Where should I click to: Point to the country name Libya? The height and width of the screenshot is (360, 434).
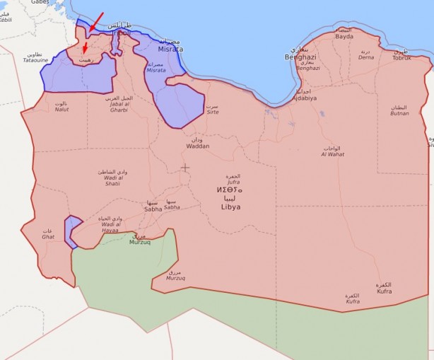[x=230, y=207]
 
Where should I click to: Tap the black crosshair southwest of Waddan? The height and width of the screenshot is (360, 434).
[x=185, y=168]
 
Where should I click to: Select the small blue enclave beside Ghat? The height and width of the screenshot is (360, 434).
[x=71, y=231]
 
